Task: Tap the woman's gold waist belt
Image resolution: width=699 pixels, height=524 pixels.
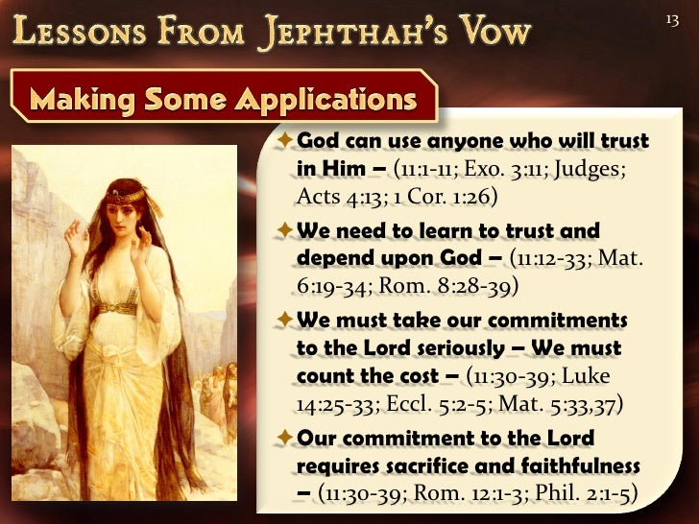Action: (116, 308)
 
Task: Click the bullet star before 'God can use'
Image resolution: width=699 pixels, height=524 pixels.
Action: (284, 141)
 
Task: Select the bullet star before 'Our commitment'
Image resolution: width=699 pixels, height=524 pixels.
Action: (284, 438)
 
